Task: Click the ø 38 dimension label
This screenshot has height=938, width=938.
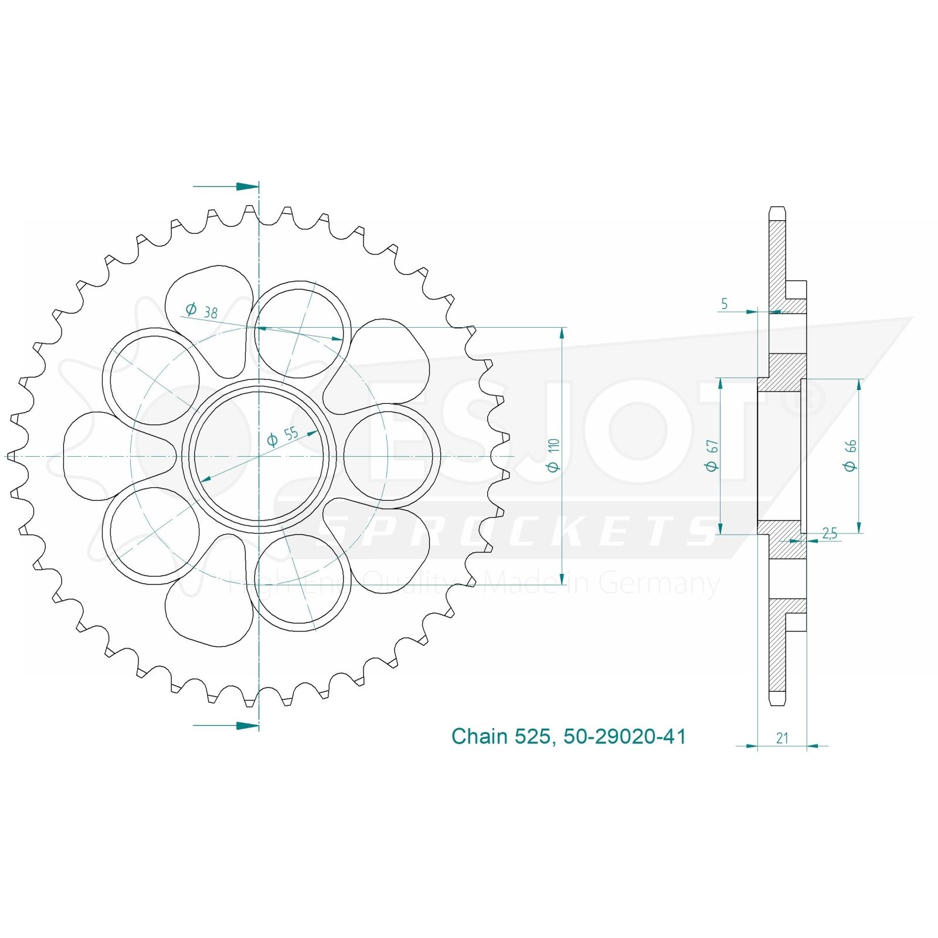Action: [x=201, y=311]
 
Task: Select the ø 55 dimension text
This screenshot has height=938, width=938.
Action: [x=283, y=436]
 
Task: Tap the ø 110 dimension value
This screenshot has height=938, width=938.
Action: [x=553, y=455]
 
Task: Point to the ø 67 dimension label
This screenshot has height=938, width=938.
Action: [x=712, y=456]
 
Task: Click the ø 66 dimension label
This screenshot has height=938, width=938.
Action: [x=850, y=456]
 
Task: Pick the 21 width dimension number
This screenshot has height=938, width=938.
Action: [x=782, y=738]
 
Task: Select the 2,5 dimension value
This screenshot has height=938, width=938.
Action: [x=830, y=533]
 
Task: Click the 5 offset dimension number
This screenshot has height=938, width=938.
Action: [x=725, y=304]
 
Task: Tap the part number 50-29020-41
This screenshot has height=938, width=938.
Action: [x=624, y=736]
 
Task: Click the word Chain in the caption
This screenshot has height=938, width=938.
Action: [x=480, y=736]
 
